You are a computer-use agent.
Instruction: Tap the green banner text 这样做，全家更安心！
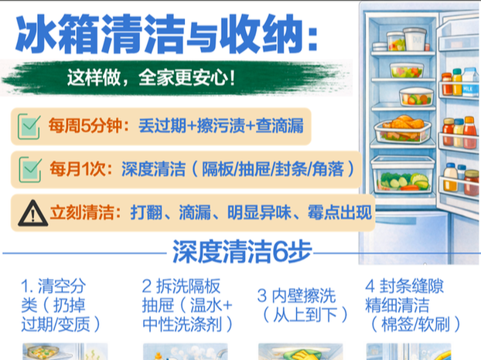(152, 78)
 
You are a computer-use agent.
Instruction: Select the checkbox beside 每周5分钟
(29, 126)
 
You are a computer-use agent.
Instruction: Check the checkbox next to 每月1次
(29, 169)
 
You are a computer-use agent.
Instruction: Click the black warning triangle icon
(32, 213)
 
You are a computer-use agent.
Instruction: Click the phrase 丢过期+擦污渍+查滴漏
(221, 126)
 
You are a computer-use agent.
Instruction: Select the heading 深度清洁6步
(242, 252)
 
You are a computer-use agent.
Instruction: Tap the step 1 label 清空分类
(61, 305)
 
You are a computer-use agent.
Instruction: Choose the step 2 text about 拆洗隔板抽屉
(187, 305)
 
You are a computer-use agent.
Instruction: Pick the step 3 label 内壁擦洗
(303, 305)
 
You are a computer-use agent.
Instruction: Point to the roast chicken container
(402, 128)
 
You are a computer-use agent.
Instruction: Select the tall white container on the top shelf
(414, 39)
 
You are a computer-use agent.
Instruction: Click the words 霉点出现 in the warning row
(339, 212)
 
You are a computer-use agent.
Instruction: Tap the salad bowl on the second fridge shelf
(407, 70)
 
